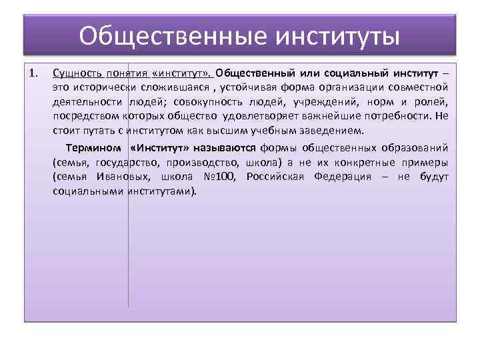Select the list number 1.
click(x=35, y=72)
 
